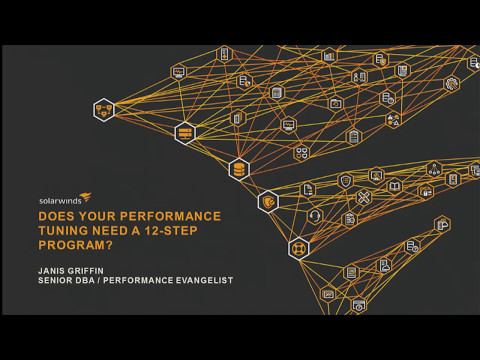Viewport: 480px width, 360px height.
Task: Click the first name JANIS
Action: point(54,269)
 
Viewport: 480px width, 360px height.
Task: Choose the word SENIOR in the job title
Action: point(59,281)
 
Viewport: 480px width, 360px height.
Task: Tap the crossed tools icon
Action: point(363,197)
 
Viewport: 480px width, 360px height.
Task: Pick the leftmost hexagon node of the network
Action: point(103,109)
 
